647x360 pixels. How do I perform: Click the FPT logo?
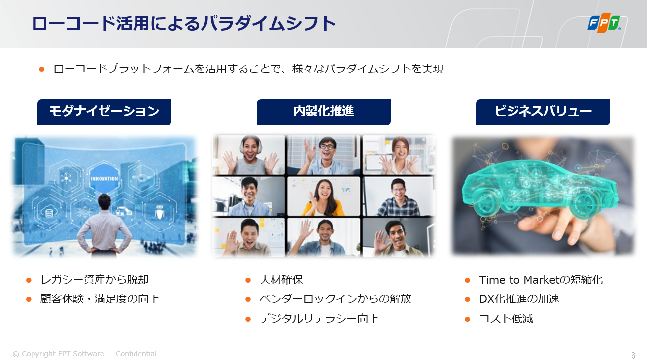(604, 23)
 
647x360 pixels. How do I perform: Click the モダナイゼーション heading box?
(104, 112)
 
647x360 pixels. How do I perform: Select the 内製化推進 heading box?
(323, 112)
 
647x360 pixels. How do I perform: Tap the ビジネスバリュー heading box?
(543, 112)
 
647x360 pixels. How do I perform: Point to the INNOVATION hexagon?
(104, 178)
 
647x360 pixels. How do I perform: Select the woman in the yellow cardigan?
(323, 198)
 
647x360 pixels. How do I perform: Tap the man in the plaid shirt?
(399, 198)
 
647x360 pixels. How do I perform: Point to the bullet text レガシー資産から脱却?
(95, 280)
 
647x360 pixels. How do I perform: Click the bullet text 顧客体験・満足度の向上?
(100, 299)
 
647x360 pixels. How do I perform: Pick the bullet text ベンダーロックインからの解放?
(335, 299)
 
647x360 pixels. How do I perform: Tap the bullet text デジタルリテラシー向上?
(319, 319)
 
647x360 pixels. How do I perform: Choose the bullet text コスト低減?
(506, 319)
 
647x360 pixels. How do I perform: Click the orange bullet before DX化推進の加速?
(467, 299)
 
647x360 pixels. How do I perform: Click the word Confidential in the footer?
(136, 354)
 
